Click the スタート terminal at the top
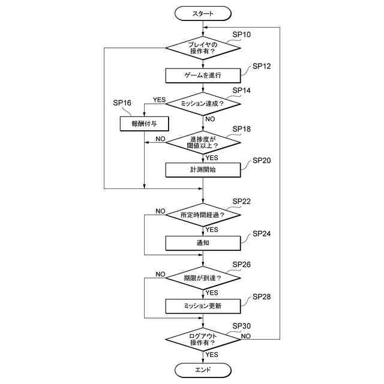click(x=203, y=13)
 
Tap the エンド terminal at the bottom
click(x=203, y=370)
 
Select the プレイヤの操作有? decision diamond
click(x=203, y=47)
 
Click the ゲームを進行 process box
click(x=203, y=75)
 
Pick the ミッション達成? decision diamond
click(x=203, y=104)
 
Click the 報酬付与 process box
click(x=144, y=124)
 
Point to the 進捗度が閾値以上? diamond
click(x=203, y=142)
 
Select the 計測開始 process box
click(x=203, y=170)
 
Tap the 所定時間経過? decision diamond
click(x=203, y=214)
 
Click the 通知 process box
click(x=203, y=242)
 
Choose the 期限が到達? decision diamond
click(x=203, y=278)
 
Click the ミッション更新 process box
click(x=203, y=306)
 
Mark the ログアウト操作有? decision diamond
click(x=203, y=339)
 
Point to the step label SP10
click(x=242, y=34)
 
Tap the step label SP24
click(x=262, y=233)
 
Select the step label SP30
click(x=242, y=326)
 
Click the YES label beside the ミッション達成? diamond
click(x=159, y=100)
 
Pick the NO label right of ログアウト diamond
click(x=246, y=336)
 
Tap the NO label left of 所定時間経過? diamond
click(x=161, y=211)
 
